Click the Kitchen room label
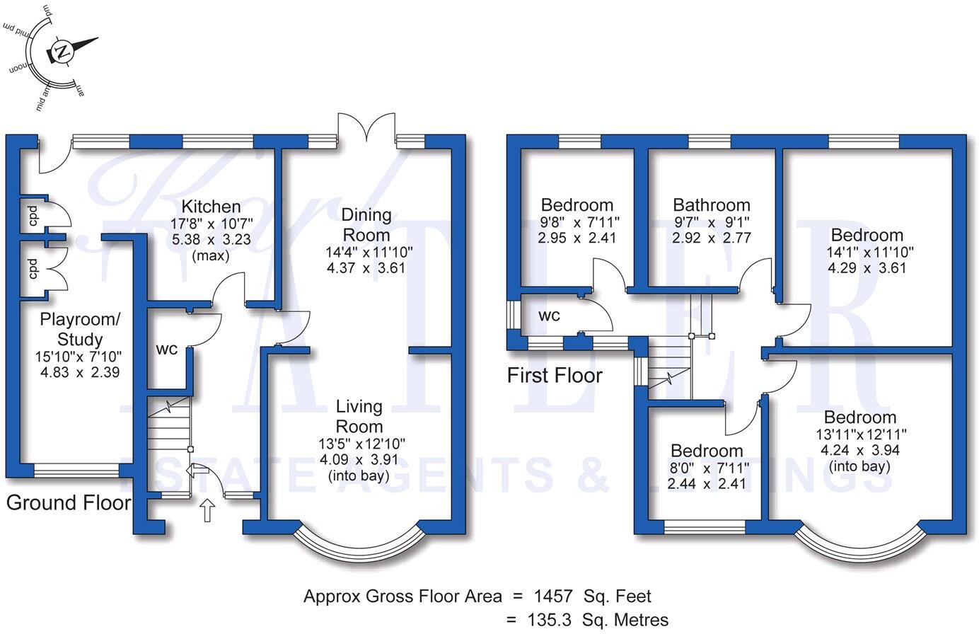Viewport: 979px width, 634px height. coord(211,207)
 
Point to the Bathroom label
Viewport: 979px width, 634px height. coord(711,205)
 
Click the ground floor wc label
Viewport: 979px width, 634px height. coord(166,350)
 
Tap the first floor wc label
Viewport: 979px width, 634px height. coord(549,316)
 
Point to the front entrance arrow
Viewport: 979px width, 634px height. coord(207,509)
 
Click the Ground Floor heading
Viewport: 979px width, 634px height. coord(69,503)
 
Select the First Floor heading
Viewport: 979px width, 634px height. coord(555,375)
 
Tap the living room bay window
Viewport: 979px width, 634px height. coord(361,545)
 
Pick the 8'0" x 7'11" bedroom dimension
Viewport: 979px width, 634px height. coord(706,468)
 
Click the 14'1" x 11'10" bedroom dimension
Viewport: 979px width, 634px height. coord(867,252)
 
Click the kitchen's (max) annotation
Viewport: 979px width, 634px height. coord(211,256)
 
